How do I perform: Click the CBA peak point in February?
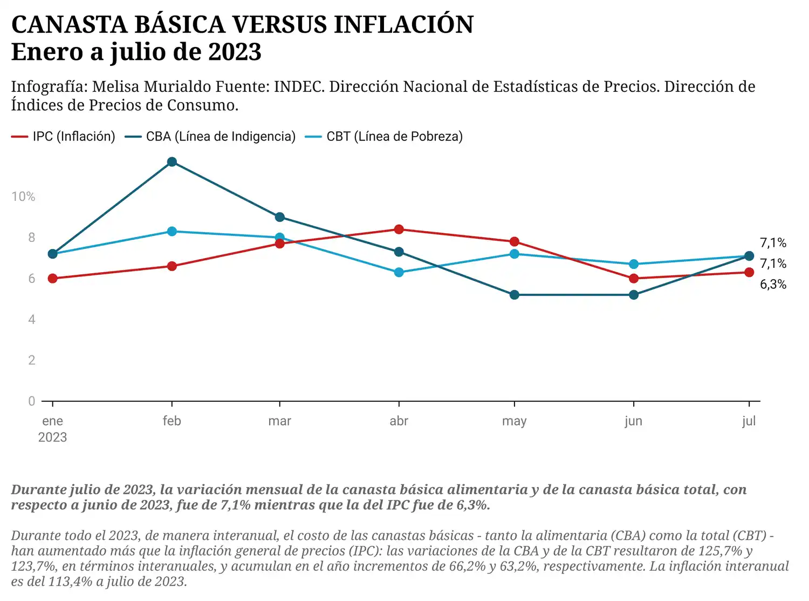coord(172,162)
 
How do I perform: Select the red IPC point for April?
coord(399,229)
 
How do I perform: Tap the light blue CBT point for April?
coord(399,273)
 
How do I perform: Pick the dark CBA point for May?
coord(515,295)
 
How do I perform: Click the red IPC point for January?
coord(52,279)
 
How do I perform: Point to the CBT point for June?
coord(634,264)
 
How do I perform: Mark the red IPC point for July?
coord(749,272)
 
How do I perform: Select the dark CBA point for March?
coord(279,217)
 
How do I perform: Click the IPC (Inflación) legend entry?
coord(64,137)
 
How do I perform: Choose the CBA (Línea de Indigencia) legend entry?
coord(210,137)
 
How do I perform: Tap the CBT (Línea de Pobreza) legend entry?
coord(384,137)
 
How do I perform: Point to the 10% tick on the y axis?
coord(23,197)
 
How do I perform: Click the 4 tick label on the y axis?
coord(31,320)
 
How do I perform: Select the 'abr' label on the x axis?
coord(399,421)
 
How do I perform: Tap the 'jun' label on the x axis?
coord(634,421)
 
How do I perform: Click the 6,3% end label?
coord(773,285)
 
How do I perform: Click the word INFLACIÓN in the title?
coord(403,25)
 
